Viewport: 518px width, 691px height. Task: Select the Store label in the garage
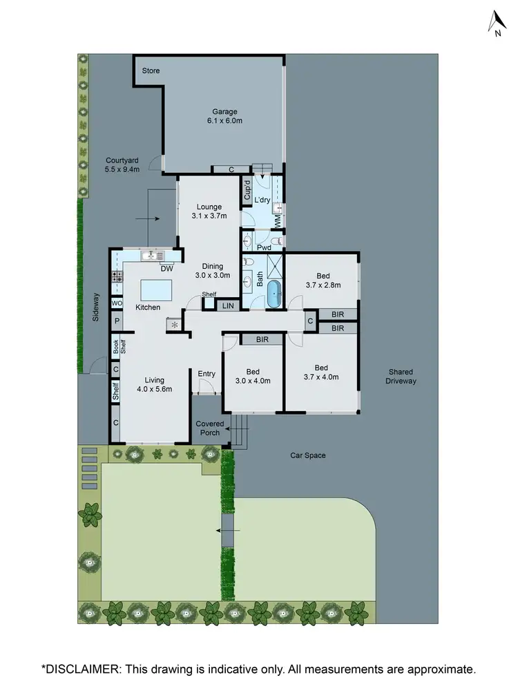click(x=151, y=70)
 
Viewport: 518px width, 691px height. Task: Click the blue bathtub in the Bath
click(x=274, y=295)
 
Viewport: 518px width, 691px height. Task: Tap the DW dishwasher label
click(x=166, y=269)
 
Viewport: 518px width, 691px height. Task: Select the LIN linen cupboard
click(x=227, y=305)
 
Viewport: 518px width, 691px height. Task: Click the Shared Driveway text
click(x=401, y=376)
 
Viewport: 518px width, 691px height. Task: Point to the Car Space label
click(x=307, y=455)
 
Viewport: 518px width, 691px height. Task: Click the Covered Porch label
click(x=209, y=428)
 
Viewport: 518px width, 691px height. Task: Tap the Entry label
click(x=207, y=374)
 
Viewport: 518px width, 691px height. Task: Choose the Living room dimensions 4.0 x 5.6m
click(x=154, y=389)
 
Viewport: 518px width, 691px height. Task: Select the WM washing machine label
click(x=277, y=220)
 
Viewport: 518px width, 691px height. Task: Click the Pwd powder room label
click(x=263, y=246)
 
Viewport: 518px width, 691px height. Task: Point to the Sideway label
click(x=96, y=309)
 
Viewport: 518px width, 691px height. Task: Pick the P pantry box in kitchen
click(x=117, y=321)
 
